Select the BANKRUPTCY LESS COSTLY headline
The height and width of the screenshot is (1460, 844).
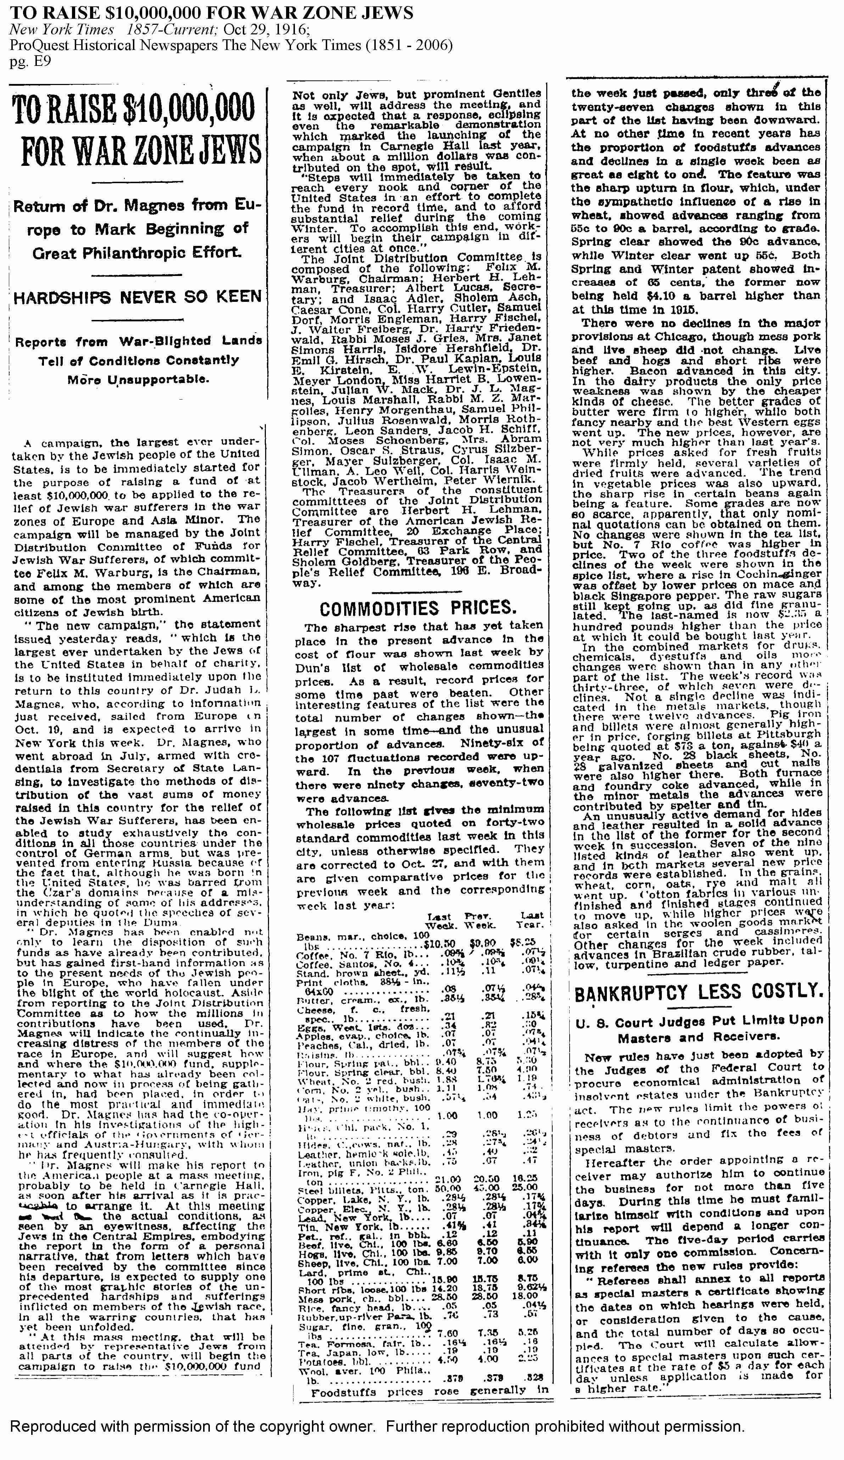(x=698, y=992)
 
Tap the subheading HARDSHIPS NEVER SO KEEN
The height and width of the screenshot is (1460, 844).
(x=138, y=297)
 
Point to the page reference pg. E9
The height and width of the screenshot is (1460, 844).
(x=30, y=61)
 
